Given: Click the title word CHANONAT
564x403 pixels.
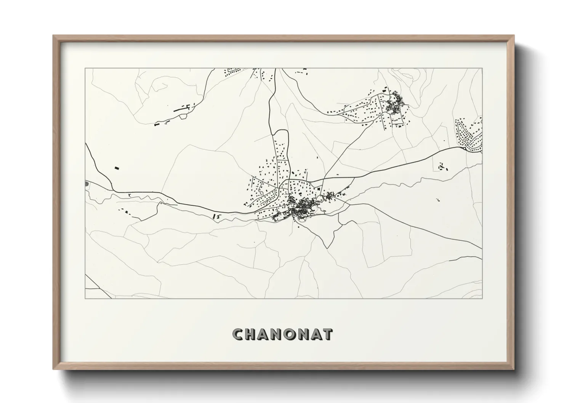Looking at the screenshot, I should click(x=282, y=334).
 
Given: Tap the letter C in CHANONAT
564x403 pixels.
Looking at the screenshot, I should click(x=238, y=334).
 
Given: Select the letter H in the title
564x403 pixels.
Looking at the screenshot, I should click(x=252, y=334).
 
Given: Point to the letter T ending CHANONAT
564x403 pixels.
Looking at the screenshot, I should click(x=328, y=334).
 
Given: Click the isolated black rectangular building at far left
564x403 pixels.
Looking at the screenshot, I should click(x=117, y=167).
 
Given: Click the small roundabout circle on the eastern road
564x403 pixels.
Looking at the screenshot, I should click(x=463, y=148).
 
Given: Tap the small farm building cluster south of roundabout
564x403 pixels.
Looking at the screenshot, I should click(x=442, y=166).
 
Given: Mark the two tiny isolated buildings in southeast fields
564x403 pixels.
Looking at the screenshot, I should click(x=438, y=199).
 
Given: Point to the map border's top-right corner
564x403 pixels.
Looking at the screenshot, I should click(x=482, y=69).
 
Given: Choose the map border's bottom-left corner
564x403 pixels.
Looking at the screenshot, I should click(x=85, y=298).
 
